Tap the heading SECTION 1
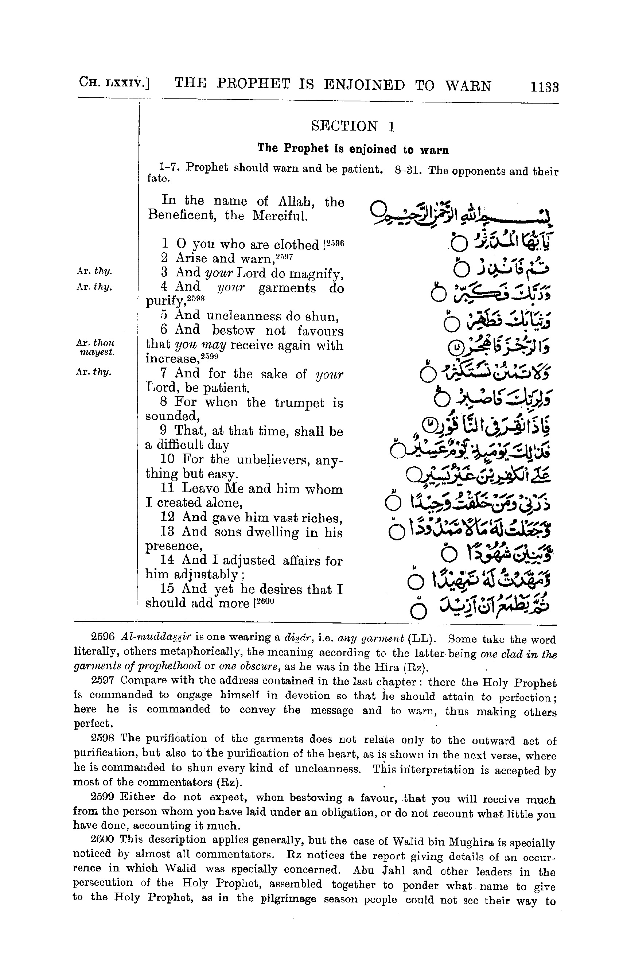(353, 126)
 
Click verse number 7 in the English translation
(164, 373)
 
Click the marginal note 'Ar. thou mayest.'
(97, 347)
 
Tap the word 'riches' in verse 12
(325, 518)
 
